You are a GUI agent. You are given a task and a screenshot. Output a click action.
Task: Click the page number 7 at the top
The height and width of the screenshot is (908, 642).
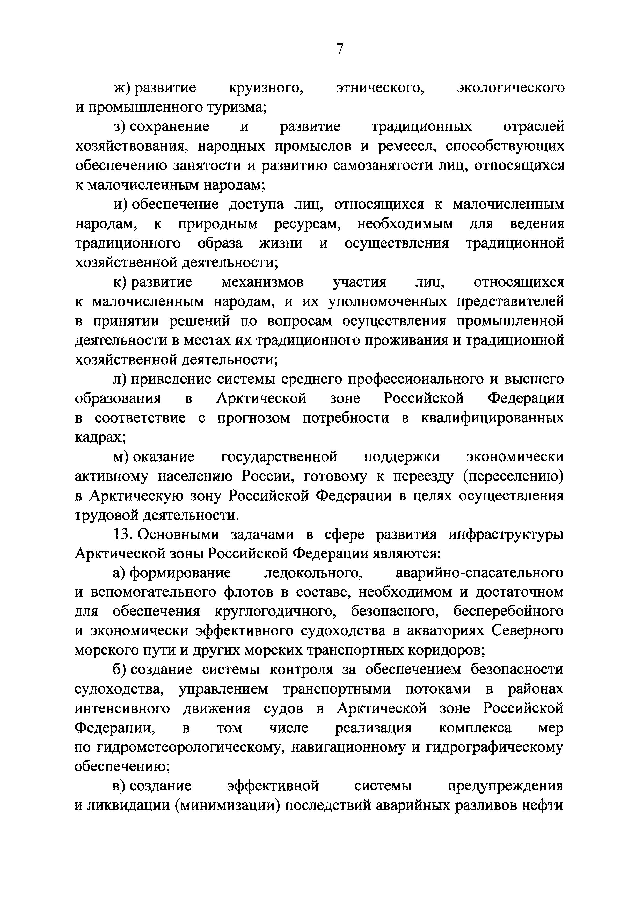coord(340,49)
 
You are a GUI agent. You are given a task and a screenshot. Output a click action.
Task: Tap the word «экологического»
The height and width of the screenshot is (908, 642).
coord(511,88)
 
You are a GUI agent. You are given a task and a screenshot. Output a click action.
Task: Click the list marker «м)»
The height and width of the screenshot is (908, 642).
coord(121,457)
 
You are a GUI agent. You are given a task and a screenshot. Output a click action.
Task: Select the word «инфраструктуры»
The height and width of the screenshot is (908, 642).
coord(506,535)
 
